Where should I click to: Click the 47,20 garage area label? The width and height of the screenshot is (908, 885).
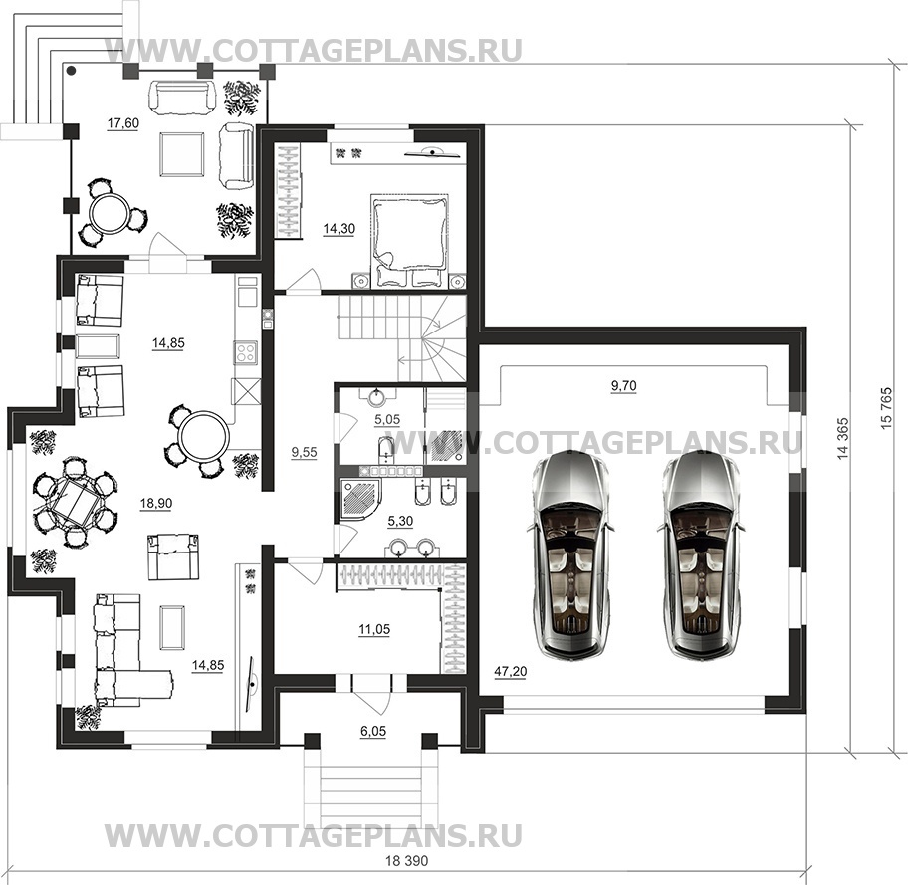point(510,671)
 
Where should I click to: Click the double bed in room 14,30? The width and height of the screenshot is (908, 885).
point(410,239)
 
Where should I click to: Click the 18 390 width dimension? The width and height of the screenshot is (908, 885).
point(406,861)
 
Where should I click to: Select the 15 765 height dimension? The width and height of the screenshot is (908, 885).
point(886,409)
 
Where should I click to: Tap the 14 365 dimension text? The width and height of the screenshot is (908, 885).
point(842,438)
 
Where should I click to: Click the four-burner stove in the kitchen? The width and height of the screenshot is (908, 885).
point(246,352)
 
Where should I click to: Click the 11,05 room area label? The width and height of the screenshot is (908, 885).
point(374,629)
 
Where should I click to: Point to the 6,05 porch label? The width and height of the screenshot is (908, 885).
point(373,731)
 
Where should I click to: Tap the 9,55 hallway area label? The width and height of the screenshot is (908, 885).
point(304,452)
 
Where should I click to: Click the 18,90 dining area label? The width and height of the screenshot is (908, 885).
point(156,504)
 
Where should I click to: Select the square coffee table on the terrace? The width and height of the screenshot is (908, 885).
point(181,153)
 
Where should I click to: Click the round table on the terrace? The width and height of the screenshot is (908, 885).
point(112,212)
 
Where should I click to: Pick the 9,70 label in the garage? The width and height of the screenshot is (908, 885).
point(623,385)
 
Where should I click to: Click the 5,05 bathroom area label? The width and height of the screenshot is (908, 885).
point(387,419)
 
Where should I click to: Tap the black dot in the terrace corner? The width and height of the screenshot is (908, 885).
point(71,72)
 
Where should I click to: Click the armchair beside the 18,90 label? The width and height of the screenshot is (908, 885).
point(173,556)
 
